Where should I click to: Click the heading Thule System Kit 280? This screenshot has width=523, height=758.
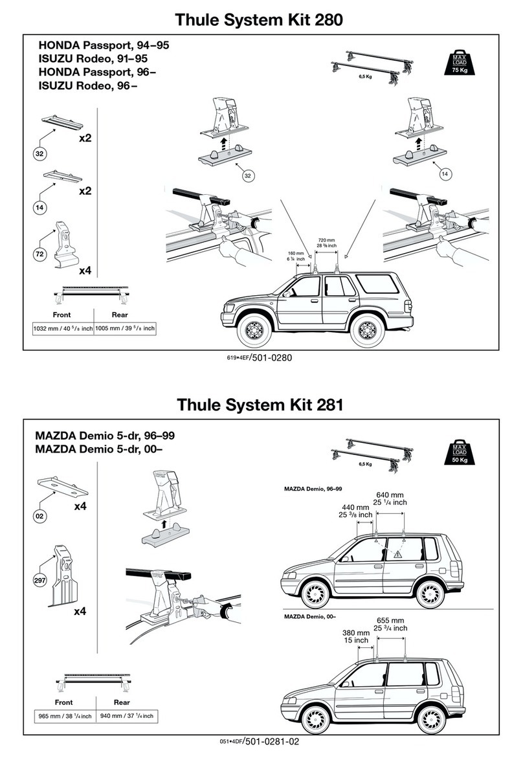point(260,20)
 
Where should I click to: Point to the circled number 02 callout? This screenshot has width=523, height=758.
point(39,516)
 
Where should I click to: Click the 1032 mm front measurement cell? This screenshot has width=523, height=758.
point(63,328)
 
